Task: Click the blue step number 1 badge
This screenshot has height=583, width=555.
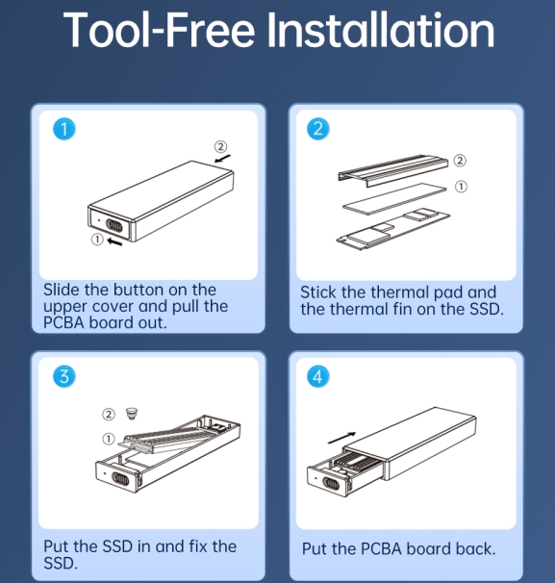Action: [63, 129]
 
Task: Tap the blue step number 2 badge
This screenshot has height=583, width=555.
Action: [318, 129]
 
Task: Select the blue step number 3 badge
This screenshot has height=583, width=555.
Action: [63, 376]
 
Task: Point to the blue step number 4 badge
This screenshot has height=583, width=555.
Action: [318, 376]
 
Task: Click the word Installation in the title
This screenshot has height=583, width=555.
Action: [381, 30]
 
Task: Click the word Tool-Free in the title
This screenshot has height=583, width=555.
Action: [159, 30]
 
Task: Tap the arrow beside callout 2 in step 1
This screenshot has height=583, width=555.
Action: [222, 159]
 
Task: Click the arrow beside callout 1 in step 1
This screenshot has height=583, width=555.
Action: [114, 241]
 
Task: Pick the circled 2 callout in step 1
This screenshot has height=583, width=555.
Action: [220, 146]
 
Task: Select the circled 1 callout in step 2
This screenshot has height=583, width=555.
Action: [461, 187]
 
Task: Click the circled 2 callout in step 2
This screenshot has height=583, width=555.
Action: [460, 161]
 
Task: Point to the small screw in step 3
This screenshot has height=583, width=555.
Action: [132, 413]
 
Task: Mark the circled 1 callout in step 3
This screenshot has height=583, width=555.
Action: [109, 439]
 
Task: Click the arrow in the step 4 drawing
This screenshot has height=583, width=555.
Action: [342, 438]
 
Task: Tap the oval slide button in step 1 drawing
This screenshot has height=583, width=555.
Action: [114, 225]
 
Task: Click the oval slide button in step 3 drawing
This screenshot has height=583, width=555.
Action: [120, 479]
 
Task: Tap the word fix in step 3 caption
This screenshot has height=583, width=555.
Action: [198, 546]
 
